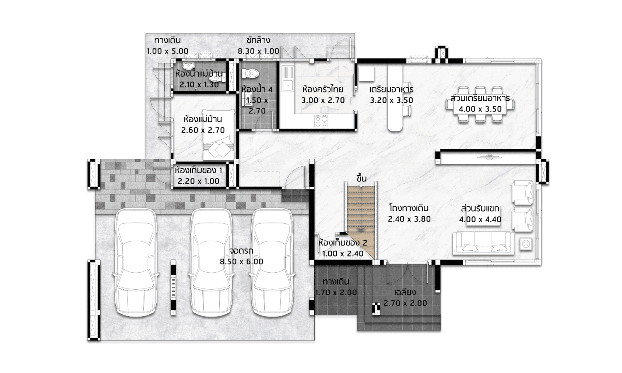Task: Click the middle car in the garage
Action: (x=211, y=262)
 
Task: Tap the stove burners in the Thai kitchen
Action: (x=321, y=121)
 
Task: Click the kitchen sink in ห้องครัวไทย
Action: (x=288, y=79)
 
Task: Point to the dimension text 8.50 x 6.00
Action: (x=241, y=262)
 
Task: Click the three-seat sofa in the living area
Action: (x=483, y=243)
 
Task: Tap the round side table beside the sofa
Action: (x=526, y=244)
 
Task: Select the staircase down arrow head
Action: (x=361, y=230)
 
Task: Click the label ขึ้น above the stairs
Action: (x=362, y=178)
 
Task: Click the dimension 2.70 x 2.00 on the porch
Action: (x=405, y=303)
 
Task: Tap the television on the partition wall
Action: (x=489, y=157)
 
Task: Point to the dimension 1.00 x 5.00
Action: (x=168, y=51)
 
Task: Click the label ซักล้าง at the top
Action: (x=258, y=41)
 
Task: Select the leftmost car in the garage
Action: (x=136, y=262)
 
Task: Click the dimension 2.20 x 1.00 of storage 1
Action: (x=199, y=181)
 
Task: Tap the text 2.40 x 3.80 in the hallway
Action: (x=409, y=219)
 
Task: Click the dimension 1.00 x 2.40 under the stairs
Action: (x=343, y=253)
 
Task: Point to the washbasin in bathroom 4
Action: (x=246, y=99)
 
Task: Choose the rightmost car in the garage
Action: (x=272, y=262)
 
